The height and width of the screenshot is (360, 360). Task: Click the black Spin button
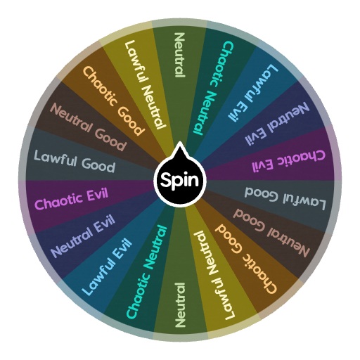coord(180,180)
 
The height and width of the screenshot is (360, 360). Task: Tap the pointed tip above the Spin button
coord(180,142)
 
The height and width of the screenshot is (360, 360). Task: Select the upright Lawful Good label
coord(75,161)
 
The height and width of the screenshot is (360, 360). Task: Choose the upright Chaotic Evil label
coord(72,198)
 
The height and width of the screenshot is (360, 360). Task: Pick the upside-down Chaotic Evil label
coord(288,161)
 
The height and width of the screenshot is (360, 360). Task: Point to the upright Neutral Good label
coord(89,127)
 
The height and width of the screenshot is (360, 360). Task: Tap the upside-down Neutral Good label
coord(271,233)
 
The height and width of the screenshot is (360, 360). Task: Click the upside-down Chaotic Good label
coord(246,259)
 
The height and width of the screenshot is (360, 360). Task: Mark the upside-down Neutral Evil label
coord(277,124)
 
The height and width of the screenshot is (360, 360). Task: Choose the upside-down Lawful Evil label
coord(253,93)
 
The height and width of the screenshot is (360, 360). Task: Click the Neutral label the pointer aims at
coord(180,55)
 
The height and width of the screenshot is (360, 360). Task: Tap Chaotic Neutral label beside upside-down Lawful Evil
coord(213,88)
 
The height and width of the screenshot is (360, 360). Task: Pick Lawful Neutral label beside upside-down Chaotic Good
coord(215,275)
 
